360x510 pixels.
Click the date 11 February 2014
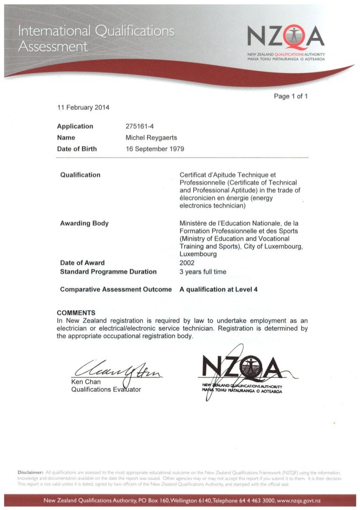pos(83,107)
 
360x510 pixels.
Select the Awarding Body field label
pos(84,223)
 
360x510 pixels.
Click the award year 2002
pos(187,263)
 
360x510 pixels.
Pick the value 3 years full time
pos(203,272)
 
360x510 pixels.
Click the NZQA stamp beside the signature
pos(247,373)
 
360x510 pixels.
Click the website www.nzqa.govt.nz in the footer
pos(295,502)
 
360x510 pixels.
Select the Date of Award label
pos(82,263)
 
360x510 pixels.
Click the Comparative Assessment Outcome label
pos(116,289)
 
